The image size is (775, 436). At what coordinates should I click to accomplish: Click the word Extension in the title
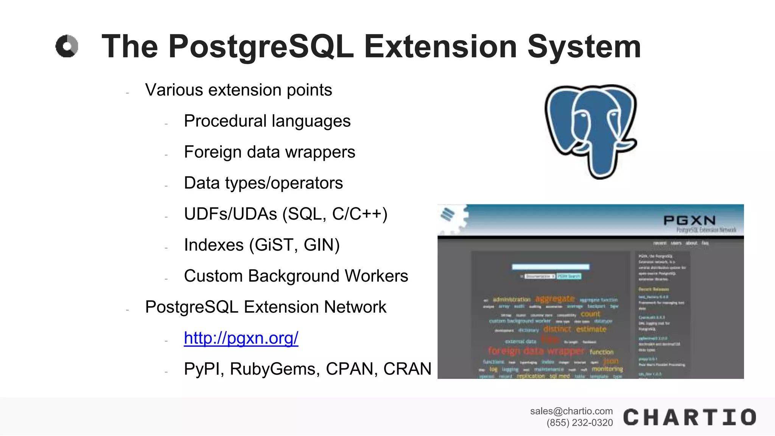tap(440, 47)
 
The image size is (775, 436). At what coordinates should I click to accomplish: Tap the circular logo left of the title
tap(67, 46)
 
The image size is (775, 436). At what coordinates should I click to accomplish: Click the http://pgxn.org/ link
tap(241, 338)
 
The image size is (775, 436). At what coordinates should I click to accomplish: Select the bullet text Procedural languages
tap(267, 121)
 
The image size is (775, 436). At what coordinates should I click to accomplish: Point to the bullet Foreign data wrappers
tap(269, 152)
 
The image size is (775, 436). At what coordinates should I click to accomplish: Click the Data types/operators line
tap(263, 183)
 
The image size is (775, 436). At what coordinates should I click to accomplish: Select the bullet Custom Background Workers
tap(296, 276)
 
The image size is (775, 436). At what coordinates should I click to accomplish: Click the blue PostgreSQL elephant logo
tap(590, 131)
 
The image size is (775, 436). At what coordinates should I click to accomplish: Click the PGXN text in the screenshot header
tap(689, 220)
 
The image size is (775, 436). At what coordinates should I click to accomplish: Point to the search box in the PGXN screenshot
tap(550, 267)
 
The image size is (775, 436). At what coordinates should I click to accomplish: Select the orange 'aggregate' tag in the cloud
tap(555, 299)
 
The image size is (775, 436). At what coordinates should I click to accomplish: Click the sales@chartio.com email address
tap(571, 411)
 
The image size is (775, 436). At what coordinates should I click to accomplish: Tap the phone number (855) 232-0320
tap(579, 423)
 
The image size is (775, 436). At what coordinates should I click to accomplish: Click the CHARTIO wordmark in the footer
tap(689, 417)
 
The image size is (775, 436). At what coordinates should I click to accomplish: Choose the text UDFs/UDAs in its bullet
tap(230, 214)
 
